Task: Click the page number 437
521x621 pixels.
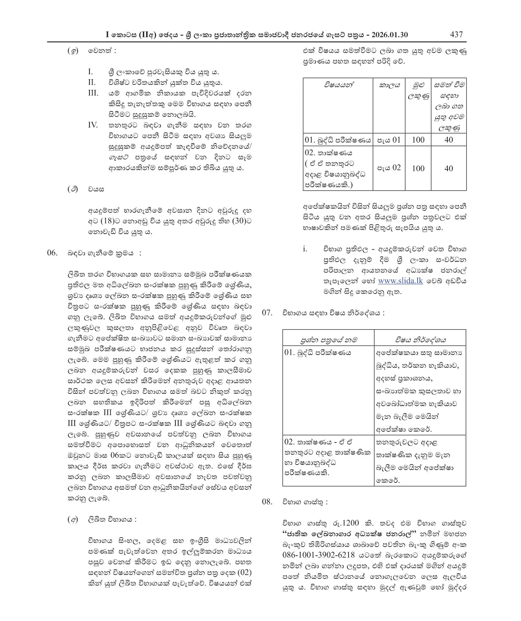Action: coord(456,34)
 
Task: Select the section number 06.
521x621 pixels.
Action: coord(52,253)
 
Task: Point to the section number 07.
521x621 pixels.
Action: coord(267,313)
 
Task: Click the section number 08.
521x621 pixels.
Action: coord(267,502)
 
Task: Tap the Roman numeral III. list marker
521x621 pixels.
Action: coord(94,93)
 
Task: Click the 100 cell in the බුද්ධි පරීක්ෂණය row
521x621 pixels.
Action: coord(418,140)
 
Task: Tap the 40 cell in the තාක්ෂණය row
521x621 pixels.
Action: coord(448,168)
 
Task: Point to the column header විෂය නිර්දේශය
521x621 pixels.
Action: coord(420,340)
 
